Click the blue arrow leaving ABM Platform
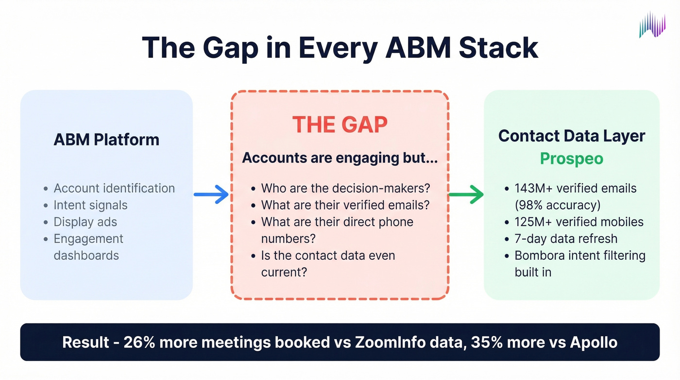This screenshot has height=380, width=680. (211, 195)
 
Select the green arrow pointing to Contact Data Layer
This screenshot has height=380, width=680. (466, 195)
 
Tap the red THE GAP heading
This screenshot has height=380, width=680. (340, 125)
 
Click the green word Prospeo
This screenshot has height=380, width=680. (572, 159)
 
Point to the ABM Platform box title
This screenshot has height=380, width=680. (106, 140)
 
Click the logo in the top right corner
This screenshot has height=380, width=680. (652, 24)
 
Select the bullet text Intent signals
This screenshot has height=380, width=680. (90, 205)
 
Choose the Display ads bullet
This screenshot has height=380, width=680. (85, 222)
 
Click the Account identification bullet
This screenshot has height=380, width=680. (114, 188)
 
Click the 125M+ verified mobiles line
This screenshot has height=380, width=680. (579, 222)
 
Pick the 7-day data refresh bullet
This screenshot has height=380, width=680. (566, 239)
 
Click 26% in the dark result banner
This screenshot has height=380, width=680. (139, 342)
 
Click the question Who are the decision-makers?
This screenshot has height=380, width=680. (346, 188)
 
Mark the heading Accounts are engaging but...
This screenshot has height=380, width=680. (340, 158)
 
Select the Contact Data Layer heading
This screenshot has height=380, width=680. (572, 136)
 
